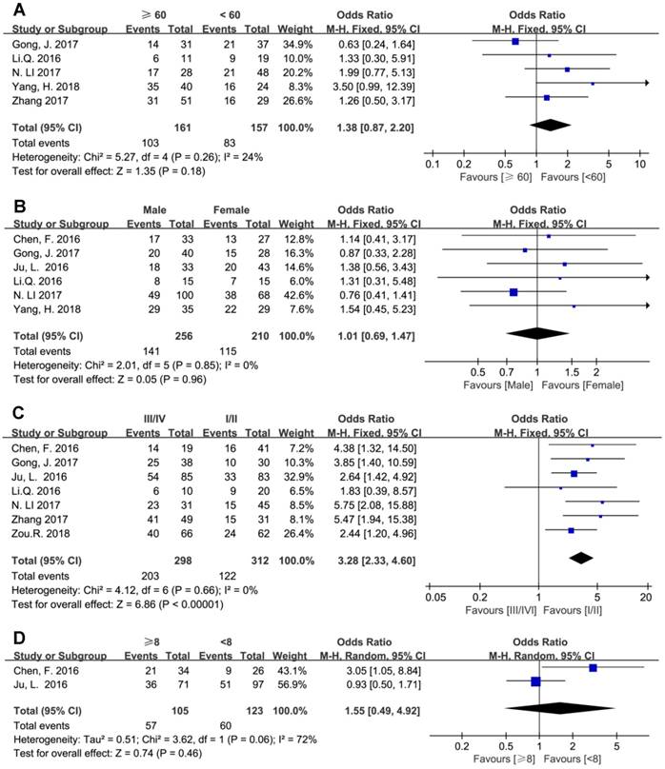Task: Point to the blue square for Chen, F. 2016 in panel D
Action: [x=594, y=669]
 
